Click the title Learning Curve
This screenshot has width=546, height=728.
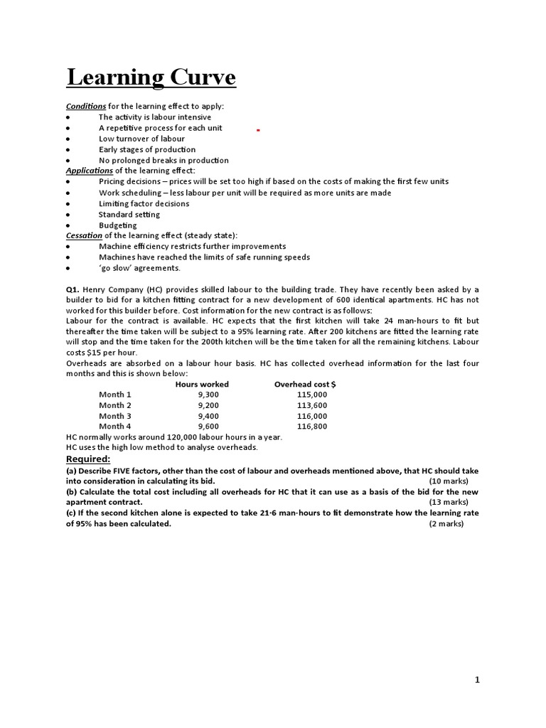pyautogui.click(x=151, y=77)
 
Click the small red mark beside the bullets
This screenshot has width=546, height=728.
pyautogui.click(x=258, y=131)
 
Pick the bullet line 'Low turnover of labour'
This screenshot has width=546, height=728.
pyautogui.click(x=141, y=139)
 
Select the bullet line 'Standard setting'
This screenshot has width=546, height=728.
pyautogui.click(x=129, y=214)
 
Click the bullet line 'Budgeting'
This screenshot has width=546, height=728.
pyautogui.click(x=117, y=225)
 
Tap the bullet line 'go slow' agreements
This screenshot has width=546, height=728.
pyautogui.click(x=139, y=268)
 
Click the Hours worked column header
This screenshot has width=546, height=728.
pyautogui.click(x=202, y=384)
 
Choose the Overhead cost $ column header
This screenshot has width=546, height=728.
pyautogui.click(x=305, y=384)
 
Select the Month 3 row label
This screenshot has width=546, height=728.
pyautogui.click(x=115, y=416)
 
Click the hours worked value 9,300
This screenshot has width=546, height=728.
pyautogui.click(x=209, y=395)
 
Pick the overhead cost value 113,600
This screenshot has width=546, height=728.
pyautogui.click(x=312, y=405)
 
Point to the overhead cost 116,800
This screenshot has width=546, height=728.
pyautogui.click(x=312, y=427)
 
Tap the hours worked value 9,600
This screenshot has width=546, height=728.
pyautogui.click(x=209, y=427)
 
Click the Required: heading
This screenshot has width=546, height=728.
pyautogui.click(x=88, y=459)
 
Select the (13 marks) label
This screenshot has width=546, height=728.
pyautogui.click(x=446, y=503)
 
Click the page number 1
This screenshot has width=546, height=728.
pyautogui.click(x=478, y=680)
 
